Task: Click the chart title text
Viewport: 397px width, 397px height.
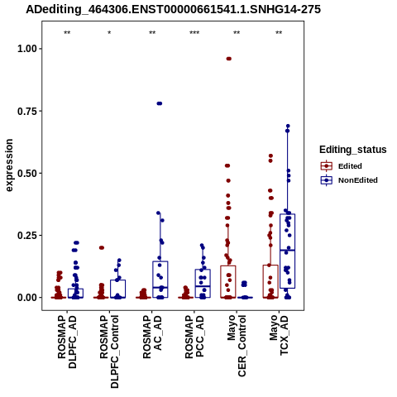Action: point(173,9)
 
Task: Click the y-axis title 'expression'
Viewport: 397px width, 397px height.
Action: point(9,165)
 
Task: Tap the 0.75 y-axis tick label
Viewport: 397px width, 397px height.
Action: point(27,111)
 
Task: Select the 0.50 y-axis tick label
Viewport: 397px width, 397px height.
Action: point(27,174)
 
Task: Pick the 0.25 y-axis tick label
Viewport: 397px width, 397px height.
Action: point(27,236)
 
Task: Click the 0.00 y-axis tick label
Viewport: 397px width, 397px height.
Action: point(27,298)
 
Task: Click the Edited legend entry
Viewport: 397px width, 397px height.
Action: point(342,166)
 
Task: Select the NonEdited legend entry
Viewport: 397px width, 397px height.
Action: point(349,180)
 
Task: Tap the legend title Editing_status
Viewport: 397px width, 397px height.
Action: point(353,150)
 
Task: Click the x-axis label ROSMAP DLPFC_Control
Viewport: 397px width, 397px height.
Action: point(109,352)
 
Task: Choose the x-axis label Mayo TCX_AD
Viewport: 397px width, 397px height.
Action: point(279,335)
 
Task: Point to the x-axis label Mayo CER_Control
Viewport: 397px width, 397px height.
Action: point(237,346)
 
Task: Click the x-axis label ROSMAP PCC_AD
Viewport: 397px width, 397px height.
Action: point(194,337)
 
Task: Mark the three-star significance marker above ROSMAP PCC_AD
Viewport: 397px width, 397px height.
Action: point(194,33)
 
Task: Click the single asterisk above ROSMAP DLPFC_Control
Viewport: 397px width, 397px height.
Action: point(109,33)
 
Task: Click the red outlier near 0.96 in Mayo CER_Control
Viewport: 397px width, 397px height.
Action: point(229,59)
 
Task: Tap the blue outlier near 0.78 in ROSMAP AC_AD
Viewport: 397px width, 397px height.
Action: point(160,103)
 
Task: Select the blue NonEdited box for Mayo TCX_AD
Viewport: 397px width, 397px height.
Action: point(288,251)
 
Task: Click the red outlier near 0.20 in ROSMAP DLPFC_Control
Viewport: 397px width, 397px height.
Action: point(102,247)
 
